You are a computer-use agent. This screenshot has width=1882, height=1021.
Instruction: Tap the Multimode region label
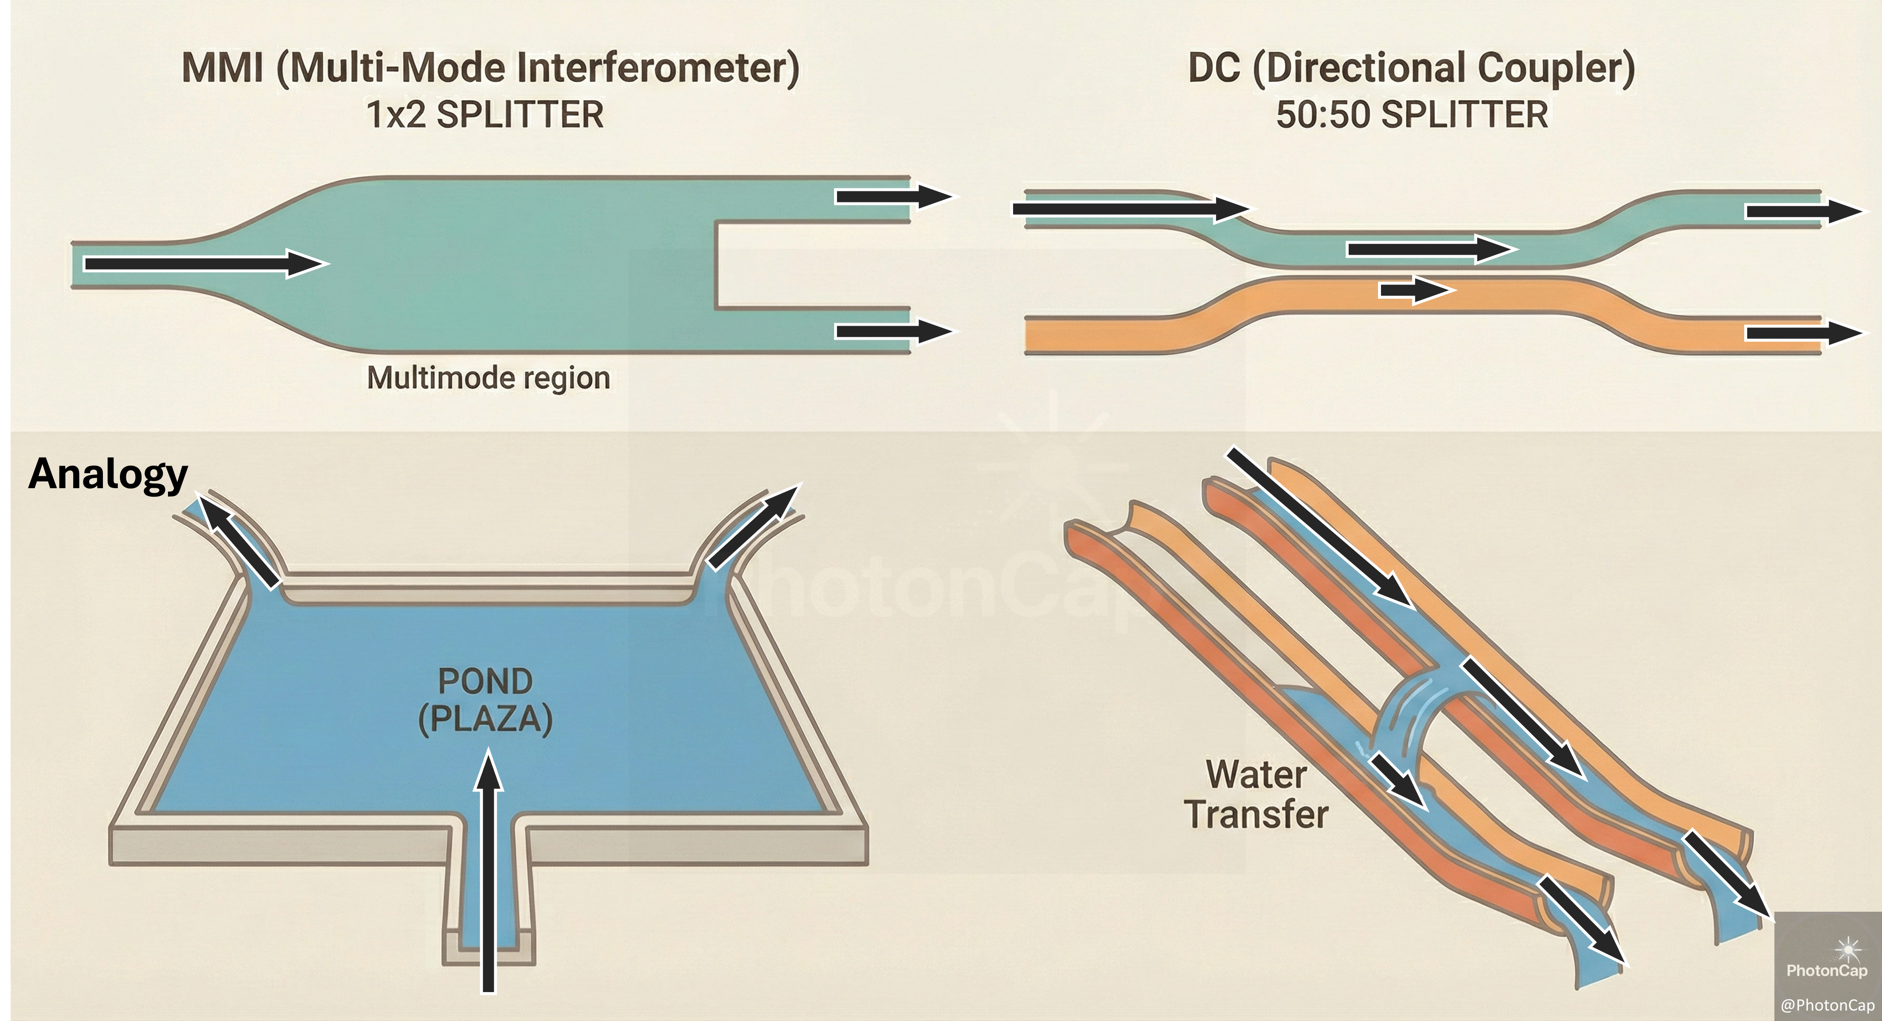click(x=488, y=378)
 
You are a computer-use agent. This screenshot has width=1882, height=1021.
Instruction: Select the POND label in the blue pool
click(x=485, y=681)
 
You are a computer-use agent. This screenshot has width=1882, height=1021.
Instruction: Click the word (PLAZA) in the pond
click(x=485, y=720)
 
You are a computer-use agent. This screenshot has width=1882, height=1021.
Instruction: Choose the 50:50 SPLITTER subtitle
click(x=1412, y=115)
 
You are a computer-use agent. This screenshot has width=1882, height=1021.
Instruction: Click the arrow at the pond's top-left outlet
click(x=239, y=540)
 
